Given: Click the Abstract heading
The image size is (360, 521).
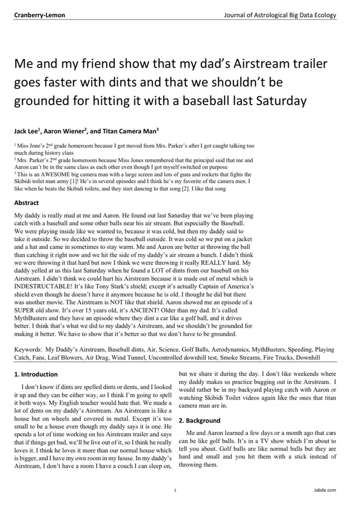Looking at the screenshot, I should [x=26, y=202].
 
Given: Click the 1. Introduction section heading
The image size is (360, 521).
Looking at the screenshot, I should [x=35, y=374].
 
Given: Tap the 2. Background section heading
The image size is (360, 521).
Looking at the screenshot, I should [x=197, y=420].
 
